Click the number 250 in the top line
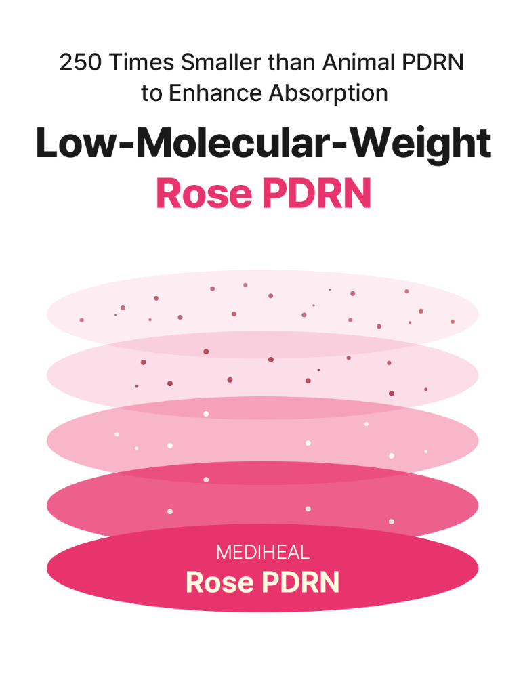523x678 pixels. (81, 62)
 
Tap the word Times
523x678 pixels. (141, 62)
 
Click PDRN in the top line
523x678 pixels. (433, 62)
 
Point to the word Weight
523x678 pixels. (420, 145)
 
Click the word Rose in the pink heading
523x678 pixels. (204, 193)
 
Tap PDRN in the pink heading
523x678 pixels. (316, 193)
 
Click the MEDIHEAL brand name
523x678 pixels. (263, 553)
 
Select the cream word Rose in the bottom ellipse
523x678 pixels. (219, 582)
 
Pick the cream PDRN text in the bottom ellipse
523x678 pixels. (301, 582)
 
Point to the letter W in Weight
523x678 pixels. (373, 143)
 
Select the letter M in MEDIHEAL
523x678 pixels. (223, 553)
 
